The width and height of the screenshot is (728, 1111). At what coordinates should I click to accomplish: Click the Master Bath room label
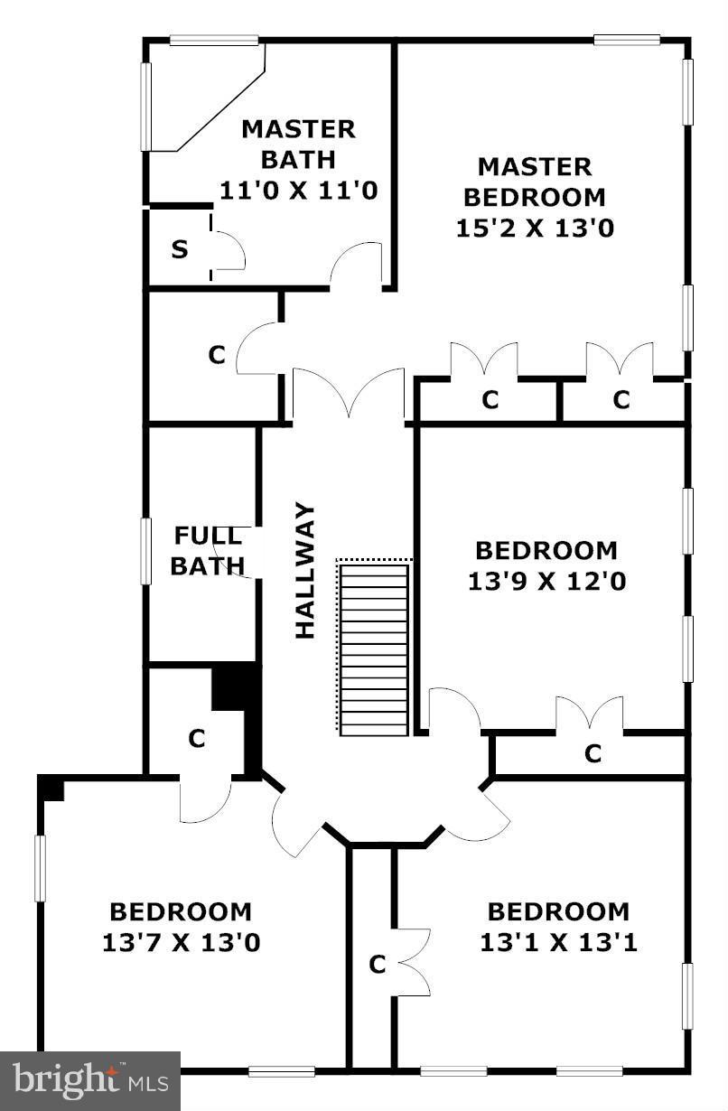point(298,144)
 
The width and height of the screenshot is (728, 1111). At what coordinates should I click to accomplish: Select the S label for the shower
point(181,249)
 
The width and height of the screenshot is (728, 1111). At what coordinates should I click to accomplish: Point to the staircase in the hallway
point(374,647)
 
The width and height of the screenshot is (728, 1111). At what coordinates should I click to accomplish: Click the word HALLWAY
point(306,571)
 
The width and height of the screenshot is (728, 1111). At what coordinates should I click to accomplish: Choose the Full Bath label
point(208,551)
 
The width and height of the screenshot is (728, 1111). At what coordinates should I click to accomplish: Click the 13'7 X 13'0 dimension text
point(181,943)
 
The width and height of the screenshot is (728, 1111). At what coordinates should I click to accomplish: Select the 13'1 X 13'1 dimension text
point(558,943)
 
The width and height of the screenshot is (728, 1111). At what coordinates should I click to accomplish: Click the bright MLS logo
point(90,1080)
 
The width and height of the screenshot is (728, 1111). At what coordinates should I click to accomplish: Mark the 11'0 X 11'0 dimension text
point(298,191)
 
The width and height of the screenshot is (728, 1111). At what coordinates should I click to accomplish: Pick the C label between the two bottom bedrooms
point(378,965)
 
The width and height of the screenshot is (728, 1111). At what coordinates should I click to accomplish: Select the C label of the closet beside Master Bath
point(216,355)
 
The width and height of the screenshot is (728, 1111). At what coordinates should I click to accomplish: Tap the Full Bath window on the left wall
point(145,550)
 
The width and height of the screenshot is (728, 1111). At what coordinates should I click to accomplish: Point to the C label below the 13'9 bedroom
point(593,753)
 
